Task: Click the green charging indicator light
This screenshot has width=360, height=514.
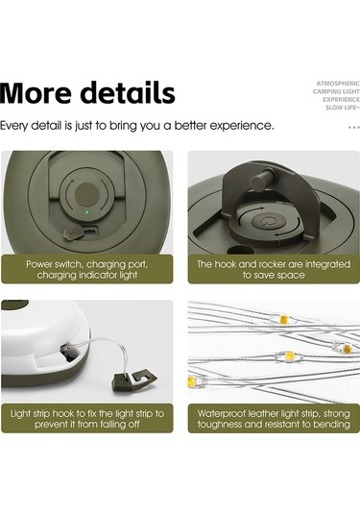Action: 86,212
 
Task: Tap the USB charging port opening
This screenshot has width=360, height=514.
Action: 89,232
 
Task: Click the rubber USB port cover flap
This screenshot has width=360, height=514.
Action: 69,233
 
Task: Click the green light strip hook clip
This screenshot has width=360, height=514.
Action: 134,379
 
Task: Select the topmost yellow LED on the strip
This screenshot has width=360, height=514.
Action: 283,319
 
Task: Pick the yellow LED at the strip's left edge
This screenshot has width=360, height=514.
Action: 192,381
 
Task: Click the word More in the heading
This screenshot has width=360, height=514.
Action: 36,93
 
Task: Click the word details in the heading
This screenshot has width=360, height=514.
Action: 128,93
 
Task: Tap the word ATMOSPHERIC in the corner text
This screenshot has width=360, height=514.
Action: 338,84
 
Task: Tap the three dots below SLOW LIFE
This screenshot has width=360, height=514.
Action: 354,127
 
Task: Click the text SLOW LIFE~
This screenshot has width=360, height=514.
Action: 342,108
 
